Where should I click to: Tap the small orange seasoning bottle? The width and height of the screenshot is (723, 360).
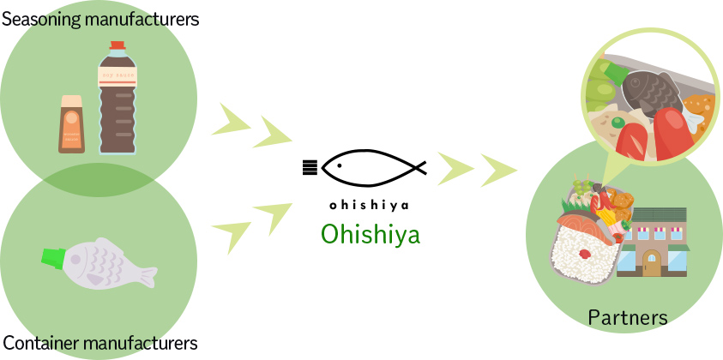(x=71, y=124)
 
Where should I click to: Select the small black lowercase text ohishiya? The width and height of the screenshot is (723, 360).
(x=370, y=205)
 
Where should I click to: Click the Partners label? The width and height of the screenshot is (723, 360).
(x=628, y=317)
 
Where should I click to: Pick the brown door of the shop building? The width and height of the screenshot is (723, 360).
(x=653, y=263)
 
